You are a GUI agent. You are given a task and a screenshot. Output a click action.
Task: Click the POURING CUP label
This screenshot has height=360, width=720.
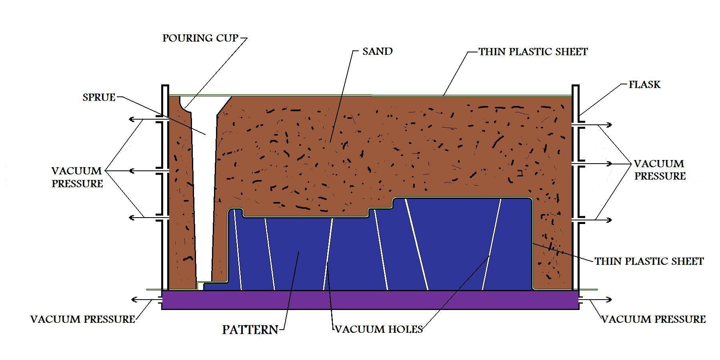[200, 38]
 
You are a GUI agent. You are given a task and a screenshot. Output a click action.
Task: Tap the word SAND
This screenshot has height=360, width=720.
[377, 51]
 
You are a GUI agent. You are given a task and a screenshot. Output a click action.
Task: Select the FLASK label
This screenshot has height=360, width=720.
[644, 85]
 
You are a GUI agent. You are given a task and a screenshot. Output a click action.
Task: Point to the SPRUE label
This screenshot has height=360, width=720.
[99, 98]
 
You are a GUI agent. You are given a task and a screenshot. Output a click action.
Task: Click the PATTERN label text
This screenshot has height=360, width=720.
[250, 330]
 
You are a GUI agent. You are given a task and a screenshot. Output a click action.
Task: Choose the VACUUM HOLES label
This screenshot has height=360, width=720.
[379, 330]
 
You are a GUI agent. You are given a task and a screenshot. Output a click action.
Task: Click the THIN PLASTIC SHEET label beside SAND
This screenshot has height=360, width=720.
[533, 52]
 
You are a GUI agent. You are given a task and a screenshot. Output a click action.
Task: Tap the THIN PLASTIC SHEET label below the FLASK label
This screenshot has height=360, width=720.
[649, 262]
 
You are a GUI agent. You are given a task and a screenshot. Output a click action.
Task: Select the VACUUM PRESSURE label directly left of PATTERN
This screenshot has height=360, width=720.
[83, 320]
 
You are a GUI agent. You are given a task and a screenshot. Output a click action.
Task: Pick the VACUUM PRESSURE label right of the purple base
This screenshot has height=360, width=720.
[654, 320]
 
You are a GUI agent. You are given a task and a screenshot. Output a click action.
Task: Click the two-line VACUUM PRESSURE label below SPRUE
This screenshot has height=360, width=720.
[77, 177]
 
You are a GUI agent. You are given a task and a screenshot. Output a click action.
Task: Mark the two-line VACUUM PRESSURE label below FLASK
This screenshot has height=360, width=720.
[660, 170]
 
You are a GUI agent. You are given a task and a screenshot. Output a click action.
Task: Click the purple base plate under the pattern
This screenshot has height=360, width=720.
[370, 300]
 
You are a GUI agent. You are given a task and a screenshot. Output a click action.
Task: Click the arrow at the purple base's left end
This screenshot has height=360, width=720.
[146, 300]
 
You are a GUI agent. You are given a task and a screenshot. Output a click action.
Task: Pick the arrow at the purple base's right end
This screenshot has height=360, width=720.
[595, 300]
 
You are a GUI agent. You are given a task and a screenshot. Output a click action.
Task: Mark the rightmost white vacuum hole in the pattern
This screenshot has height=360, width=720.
[492, 244]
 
